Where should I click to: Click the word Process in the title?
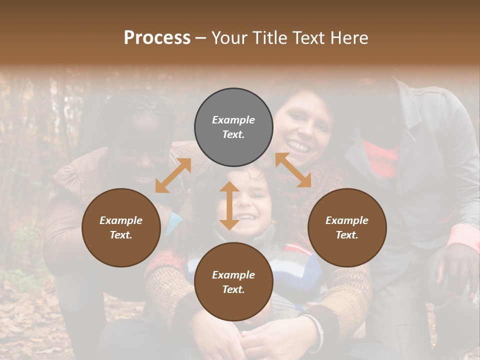coord(157,38)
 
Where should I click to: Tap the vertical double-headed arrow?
coord(229,205)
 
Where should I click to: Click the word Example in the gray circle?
coord(233,120)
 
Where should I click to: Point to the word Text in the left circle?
coord(121,235)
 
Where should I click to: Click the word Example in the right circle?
coord(347,220)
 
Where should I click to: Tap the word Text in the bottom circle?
coord(233,289)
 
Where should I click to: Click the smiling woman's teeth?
coord(298,146)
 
